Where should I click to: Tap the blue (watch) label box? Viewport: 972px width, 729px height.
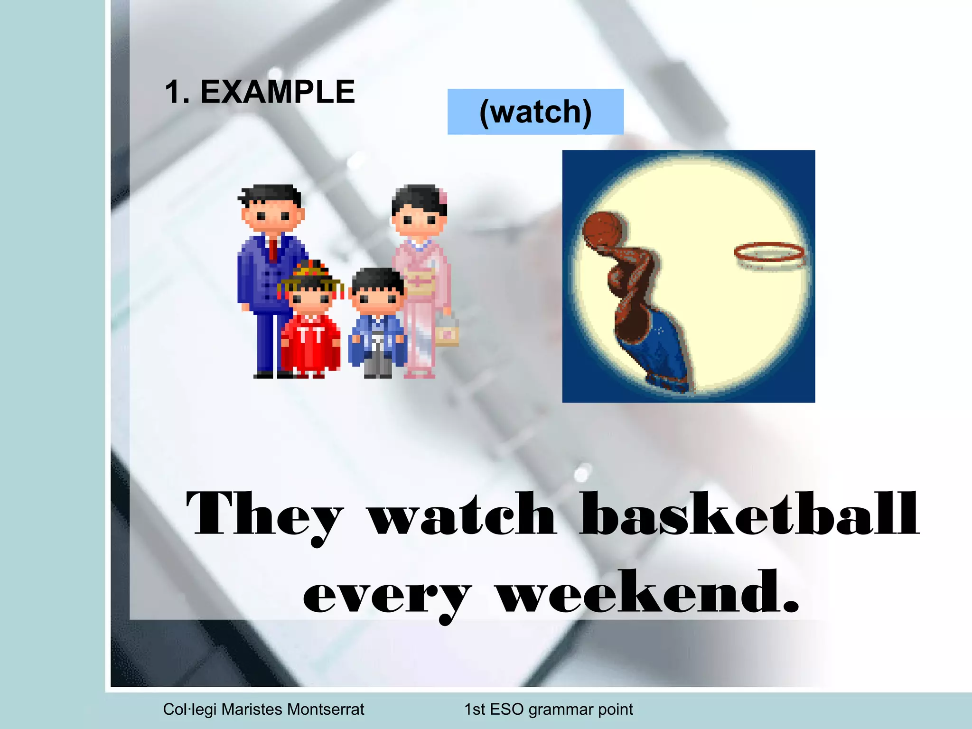point(535,112)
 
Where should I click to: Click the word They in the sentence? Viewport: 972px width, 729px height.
point(264,515)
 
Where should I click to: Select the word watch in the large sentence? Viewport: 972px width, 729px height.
point(462,515)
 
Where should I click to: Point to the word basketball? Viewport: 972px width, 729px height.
point(749,515)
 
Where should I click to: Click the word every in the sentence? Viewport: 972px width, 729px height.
point(387,596)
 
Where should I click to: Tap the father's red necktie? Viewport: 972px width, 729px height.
point(273,250)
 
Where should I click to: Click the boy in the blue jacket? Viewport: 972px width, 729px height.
point(378,327)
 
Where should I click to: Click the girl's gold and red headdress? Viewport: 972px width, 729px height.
point(311,273)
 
